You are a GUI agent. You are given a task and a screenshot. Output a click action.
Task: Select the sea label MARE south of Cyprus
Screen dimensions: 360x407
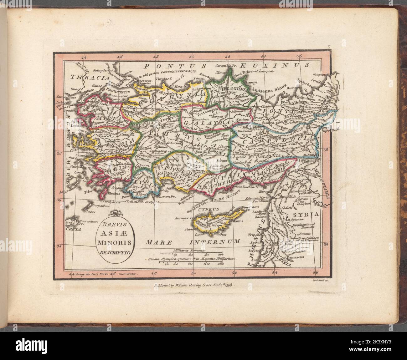(x=159, y=242)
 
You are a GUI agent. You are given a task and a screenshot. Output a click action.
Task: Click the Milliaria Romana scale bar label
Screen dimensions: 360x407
(x=189, y=251)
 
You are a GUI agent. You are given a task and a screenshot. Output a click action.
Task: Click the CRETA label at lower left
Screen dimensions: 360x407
(x=74, y=229)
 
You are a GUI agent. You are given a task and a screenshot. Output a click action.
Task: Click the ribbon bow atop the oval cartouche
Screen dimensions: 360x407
(x=116, y=214)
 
